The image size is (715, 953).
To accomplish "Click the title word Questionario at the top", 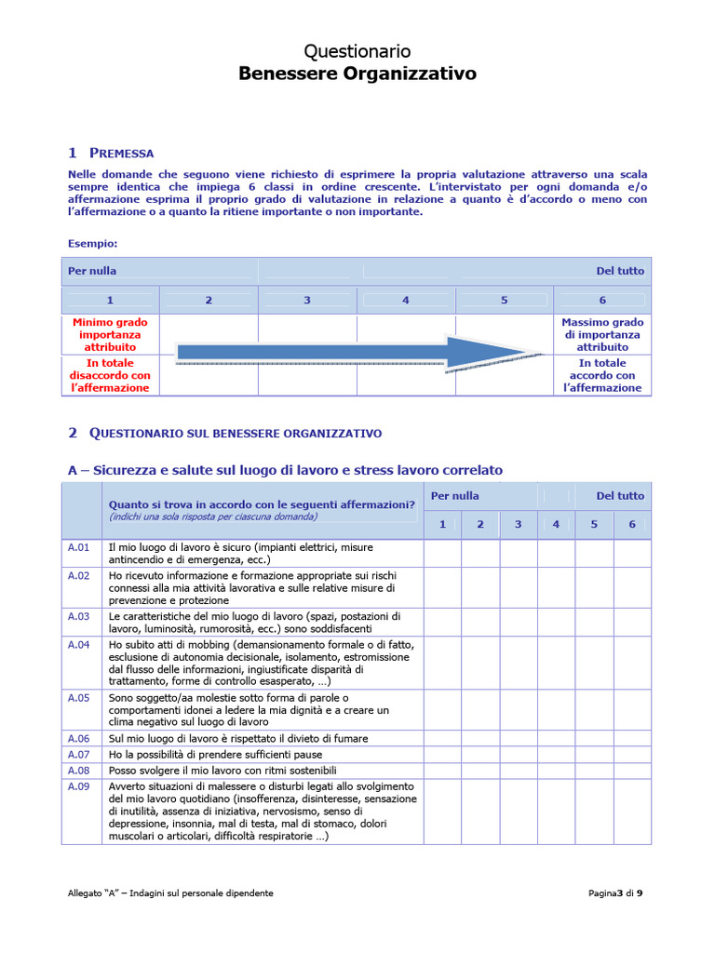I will tap(357, 51).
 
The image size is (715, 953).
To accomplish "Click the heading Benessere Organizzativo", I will tap(357, 74).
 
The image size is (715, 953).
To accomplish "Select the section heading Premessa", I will tap(121, 154).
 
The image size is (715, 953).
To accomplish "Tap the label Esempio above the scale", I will tap(93, 244).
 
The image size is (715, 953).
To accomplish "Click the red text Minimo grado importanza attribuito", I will tap(110, 334).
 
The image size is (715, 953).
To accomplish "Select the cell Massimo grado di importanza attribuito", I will tap(602, 334).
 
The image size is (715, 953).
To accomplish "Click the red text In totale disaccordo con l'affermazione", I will tap(110, 375).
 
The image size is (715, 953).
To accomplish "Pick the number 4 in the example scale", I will tap(406, 300).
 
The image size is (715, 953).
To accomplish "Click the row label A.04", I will tap(79, 644).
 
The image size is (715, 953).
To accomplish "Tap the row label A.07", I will tap(79, 754).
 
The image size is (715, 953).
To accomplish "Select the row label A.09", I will tap(79, 786).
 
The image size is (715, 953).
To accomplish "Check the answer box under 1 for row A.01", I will tap(442, 553).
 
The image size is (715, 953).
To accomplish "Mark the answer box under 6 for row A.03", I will tap(632, 622).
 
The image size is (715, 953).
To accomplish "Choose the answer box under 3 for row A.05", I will tap(519, 709).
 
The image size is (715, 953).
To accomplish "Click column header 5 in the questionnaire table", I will tap(594, 524).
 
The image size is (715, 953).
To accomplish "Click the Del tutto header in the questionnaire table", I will tap(619, 496).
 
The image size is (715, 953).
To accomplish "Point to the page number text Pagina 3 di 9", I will tap(615, 893).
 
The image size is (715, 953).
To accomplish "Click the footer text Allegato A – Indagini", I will tap(170, 893).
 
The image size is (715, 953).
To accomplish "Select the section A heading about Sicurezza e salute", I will tap(285, 470).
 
